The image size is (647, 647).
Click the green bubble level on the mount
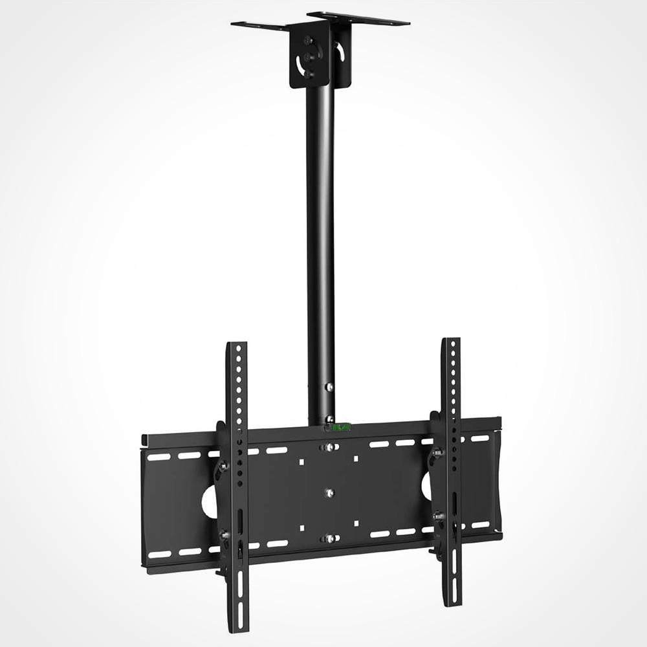coord(340,426)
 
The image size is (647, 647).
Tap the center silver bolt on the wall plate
coord(329,493)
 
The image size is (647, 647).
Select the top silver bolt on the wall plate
coord(329,447)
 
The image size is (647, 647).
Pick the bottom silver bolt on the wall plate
coord(329,538)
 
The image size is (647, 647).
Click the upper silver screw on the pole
coord(330,387)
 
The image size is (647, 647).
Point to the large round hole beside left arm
coord(209,501)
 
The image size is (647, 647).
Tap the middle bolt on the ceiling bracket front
coord(309,58)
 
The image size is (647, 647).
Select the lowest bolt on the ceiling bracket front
coord(309,74)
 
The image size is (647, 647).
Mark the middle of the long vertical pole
coord(320,246)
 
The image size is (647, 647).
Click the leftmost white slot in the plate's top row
coord(158,457)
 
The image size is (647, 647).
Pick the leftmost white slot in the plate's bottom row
coord(159,554)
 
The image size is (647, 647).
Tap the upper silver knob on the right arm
coord(437,452)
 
